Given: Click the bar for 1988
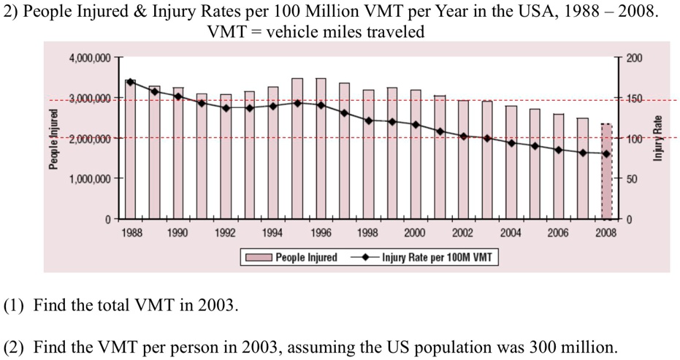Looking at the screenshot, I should point(131,150).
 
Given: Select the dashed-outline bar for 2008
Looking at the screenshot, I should point(606,172).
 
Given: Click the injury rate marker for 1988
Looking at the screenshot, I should point(131,82).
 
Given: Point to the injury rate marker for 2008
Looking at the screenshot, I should point(606,154).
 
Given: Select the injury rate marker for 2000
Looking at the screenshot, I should point(416,125).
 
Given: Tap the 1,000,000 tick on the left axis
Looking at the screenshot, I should point(89,179).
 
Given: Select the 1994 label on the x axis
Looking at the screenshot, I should point(273,234).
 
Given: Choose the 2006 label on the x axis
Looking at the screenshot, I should point(559,234).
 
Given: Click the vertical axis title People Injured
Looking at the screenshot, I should point(53,139).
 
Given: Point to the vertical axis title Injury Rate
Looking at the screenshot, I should point(657,139).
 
